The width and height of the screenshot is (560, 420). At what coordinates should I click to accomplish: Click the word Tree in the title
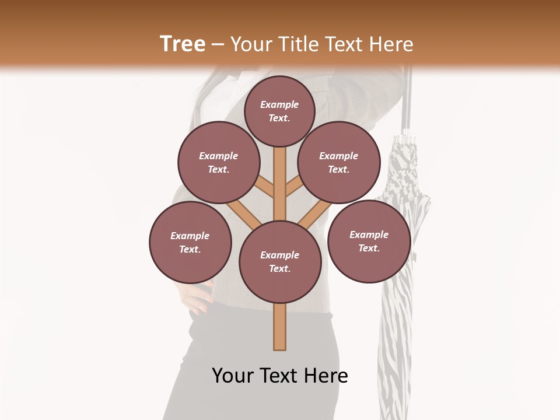coord(183,44)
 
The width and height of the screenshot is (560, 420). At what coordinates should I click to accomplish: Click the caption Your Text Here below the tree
coord(279,376)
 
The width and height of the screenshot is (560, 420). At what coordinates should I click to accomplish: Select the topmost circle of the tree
coord(279,111)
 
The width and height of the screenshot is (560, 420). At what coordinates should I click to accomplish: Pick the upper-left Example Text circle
coord(218,162)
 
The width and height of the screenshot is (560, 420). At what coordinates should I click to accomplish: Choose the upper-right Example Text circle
coord(339,162)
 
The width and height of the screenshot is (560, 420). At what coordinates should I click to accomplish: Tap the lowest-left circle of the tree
coord(190,242)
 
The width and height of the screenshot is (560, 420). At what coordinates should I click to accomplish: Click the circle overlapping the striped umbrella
coord(369,241)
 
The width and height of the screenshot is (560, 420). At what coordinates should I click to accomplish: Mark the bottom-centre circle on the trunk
coord(280,262)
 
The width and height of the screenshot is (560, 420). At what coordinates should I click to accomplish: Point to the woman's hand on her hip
coord(198,297)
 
